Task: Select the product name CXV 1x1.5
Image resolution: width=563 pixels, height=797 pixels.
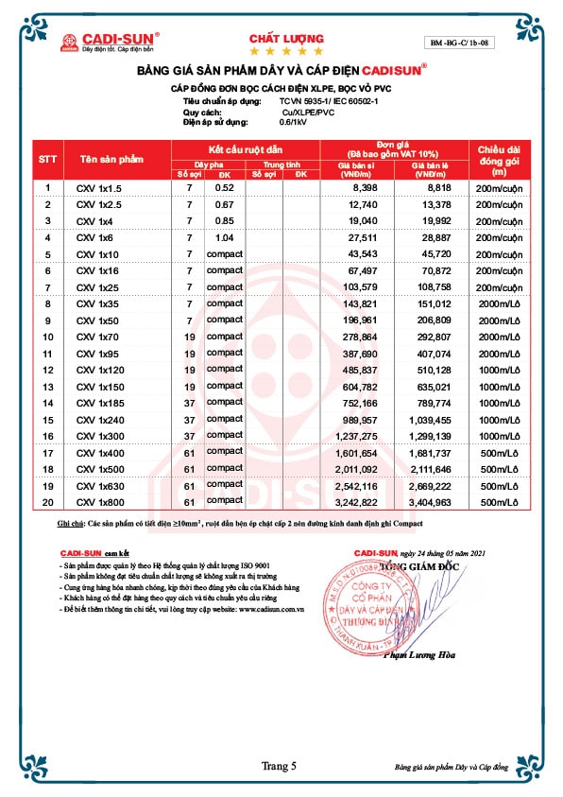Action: click(x=99, y=188)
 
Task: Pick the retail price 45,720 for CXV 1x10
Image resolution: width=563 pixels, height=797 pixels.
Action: click(x=432, y=255)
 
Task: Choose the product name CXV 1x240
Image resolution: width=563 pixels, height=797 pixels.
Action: click(x=102, y=419)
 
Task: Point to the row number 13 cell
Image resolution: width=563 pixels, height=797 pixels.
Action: click(x=47, y=386)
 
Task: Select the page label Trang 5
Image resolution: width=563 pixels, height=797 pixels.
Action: click(x=281, y=766)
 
